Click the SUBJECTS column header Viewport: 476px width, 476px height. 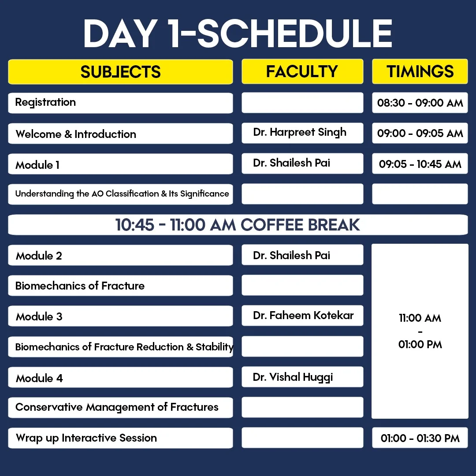[120, 72]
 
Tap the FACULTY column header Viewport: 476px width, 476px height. [302, 71]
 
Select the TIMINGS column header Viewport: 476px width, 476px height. [420, 71]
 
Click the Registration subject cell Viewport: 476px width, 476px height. [120, 103]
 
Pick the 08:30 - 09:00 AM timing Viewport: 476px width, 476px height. [420, 103]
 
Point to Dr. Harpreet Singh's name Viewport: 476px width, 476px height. [300, 132]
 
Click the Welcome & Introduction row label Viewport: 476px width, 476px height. [76, 134]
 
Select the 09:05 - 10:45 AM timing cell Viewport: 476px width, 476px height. [420, 164]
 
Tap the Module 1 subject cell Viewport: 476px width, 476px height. [120, 164]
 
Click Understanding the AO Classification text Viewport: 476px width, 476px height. [87, 193]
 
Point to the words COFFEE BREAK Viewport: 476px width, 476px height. [300, 225]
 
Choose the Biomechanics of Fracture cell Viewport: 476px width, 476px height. [120, 286]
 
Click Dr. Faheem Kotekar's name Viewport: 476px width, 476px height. [303, 316]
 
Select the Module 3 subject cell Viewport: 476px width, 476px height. [120, 316]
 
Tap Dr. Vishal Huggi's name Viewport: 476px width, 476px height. [293, 377]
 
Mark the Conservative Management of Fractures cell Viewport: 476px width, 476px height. [120, 408]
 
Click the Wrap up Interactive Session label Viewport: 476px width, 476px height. [86, 438]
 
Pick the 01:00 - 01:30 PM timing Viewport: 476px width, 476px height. [420, 438]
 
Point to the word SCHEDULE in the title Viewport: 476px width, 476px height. [295, 33]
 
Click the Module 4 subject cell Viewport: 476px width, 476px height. [120, 377]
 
